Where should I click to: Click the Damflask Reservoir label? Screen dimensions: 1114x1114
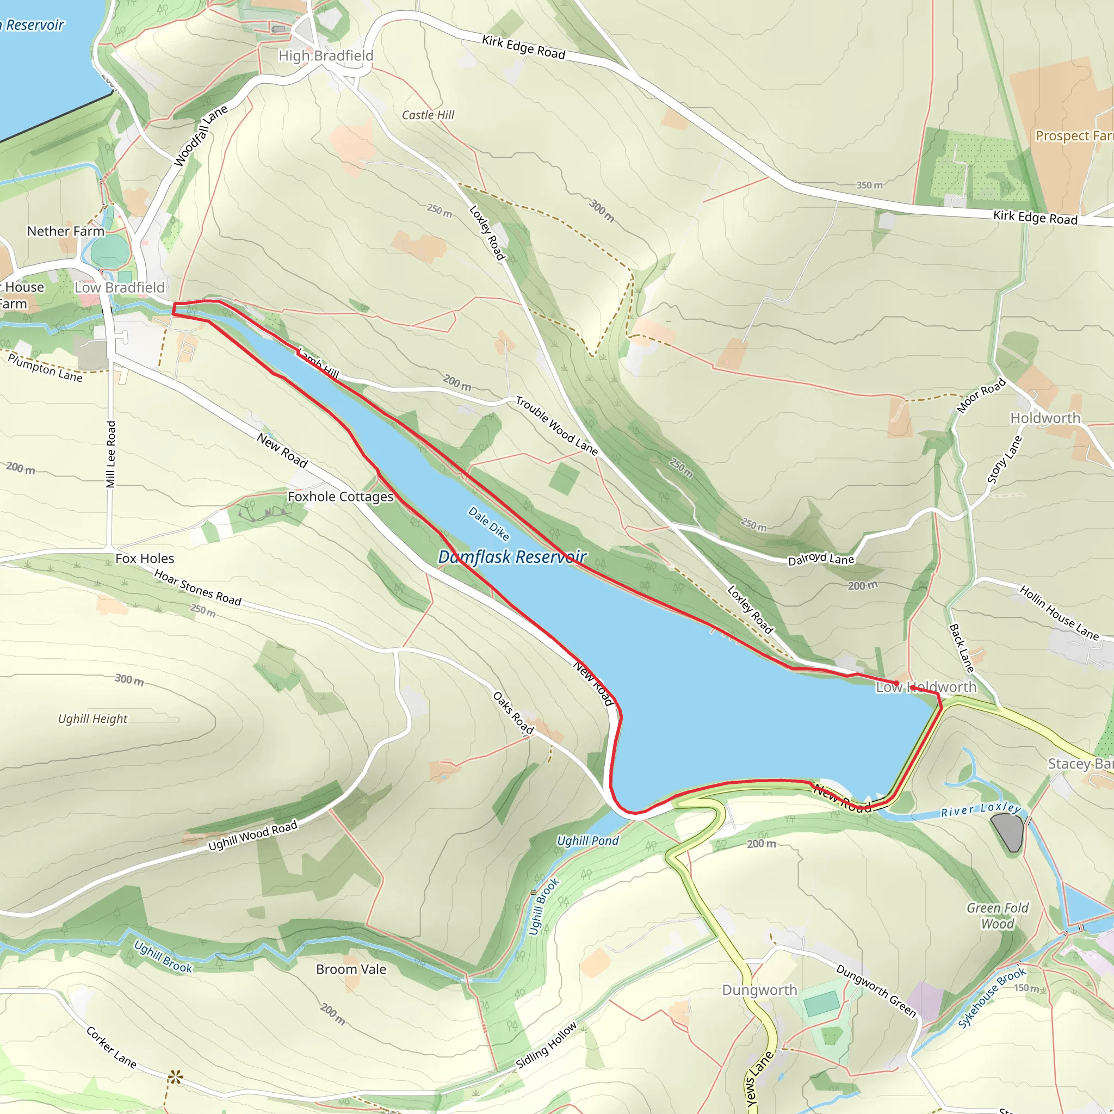[512, 557]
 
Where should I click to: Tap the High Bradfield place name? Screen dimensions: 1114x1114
[326, 56]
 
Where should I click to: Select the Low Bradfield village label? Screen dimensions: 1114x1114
[119, 287]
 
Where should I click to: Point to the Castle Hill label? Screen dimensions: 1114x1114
[428, 115]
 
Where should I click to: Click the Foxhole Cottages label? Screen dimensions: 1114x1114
[340, 497]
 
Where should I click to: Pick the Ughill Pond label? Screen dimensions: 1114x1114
[587, 841]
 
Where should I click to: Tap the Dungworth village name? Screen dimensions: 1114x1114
[759, 990]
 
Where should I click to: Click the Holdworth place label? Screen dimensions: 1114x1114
[1045, 418]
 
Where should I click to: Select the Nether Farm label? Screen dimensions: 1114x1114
[66, 231]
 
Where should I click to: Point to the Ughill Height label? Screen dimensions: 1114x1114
[93, 719]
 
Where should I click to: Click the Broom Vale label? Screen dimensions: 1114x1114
[351, 969]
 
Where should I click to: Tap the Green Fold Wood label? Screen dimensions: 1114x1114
[998, 915]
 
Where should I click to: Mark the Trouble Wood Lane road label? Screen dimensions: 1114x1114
[556, 425]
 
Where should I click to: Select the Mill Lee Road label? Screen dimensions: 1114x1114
[111, 454]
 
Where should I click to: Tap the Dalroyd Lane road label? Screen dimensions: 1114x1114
[821, 559]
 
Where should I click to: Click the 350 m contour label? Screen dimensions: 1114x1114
[869, 185]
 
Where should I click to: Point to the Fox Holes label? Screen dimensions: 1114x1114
[145, 558]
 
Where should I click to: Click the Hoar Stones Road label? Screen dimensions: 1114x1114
[198, 587]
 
